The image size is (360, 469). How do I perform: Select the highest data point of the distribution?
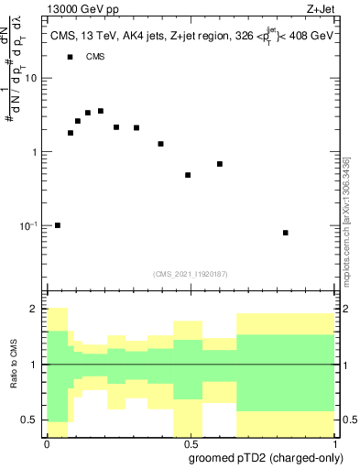coord(101,111)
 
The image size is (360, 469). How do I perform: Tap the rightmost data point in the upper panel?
coord(286,233)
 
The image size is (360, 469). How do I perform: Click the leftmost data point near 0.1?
coord(58,224)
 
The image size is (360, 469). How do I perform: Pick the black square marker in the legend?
coord(71,57)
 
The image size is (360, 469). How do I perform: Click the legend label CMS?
coord(94,57)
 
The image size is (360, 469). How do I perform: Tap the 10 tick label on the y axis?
coord(32,78)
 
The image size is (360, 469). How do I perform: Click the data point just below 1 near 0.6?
coord(220,164)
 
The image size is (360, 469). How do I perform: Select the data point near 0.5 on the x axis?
coord(188,175)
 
